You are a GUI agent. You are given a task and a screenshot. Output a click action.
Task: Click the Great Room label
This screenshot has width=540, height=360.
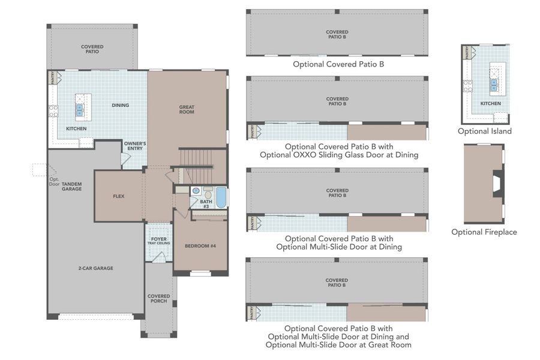click(187, 110)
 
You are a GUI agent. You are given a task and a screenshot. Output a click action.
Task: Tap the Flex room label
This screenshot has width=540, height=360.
click(118, 196)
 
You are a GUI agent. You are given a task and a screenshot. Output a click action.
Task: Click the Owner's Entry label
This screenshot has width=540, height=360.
click(135, 146)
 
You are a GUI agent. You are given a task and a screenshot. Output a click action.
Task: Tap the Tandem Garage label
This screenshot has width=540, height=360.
click(71, 187)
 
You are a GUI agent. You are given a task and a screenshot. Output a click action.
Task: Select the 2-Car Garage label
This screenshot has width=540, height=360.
click(95, 268)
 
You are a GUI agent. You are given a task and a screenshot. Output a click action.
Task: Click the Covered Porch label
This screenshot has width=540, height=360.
click(159, 298)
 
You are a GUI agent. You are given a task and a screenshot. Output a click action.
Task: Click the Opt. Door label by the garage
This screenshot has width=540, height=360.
click(55, 181)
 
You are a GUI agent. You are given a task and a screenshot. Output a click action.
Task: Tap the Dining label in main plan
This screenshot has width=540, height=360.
click(120, 106)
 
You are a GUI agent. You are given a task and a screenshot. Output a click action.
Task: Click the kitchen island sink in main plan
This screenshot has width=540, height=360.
click(79, 110)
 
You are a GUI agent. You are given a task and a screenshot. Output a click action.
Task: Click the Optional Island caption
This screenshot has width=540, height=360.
click(485, 131)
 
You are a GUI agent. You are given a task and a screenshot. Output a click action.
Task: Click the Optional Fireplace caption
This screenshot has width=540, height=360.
click(484, 232)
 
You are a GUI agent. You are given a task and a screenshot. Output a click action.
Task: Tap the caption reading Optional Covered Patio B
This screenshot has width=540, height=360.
click(338, 64)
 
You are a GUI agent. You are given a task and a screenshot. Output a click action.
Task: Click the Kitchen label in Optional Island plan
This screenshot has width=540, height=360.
click(490, 104)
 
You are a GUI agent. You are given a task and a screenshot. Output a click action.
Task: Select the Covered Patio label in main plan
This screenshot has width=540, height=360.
click(92, 49)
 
